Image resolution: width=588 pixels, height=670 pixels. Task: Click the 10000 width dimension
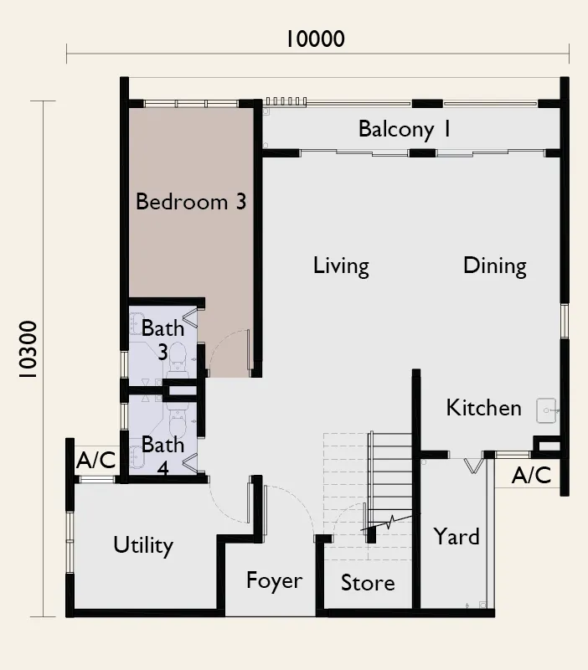315,39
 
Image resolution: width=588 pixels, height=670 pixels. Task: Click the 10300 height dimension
28,349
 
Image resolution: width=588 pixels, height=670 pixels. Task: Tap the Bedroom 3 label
191,201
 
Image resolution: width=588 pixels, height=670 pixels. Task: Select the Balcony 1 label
405,129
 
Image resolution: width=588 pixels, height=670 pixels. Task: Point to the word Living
341,266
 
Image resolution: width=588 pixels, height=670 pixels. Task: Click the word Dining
495,266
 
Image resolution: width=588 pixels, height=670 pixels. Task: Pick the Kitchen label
484,408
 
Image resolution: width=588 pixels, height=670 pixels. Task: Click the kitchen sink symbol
547,410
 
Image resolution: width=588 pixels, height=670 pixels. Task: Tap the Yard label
456,537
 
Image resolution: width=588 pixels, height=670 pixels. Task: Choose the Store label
368,583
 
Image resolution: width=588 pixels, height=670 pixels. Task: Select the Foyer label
275,581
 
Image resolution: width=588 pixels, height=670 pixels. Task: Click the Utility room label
143,546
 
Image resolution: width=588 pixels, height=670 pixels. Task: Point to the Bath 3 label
162,340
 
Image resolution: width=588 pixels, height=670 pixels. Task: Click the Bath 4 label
162,456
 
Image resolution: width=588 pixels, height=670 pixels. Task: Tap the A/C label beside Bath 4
96,460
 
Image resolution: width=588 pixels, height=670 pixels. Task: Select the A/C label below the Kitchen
532,475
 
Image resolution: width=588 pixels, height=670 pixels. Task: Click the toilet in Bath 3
178,361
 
